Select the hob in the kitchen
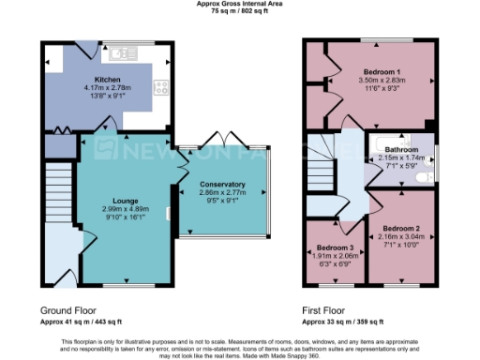pyautogui.click(x=162, y=88)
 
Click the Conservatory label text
pyautogui.click(x=222, y=184)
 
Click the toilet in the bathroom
pyautogui.click(x=423, y=175)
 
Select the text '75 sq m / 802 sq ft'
pyautogui.click(x=240, y=12)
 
